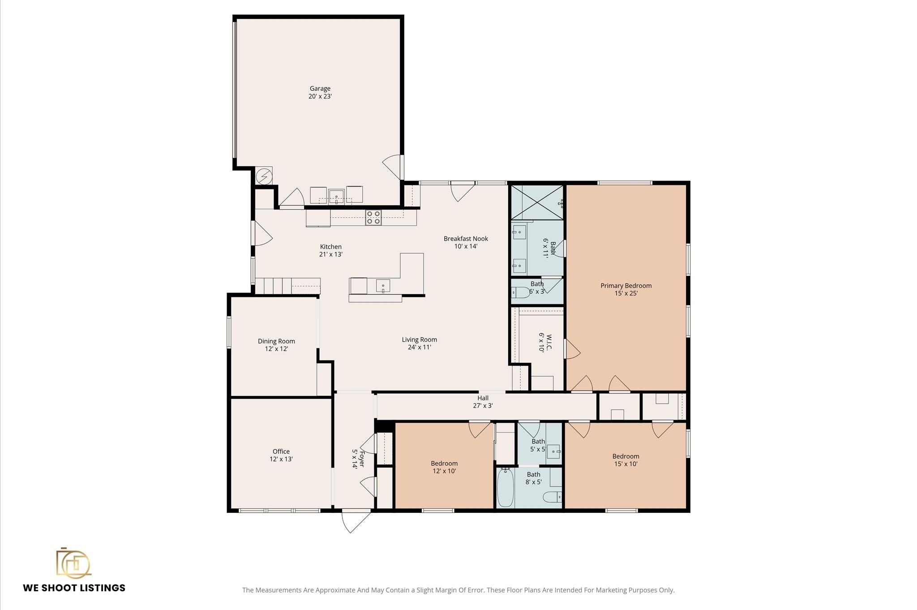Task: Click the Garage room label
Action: click(x=320, y=89)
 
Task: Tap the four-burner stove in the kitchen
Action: click(x=373, y=218)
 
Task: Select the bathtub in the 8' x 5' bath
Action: click(x=505, y=487)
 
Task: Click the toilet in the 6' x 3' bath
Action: click(x=519, y=292)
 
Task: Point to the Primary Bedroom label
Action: click(x=626, y=286)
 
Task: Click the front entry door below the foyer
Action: click(x=356, y=520)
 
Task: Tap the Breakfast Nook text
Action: click(x=466, y=239)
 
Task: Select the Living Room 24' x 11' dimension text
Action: click(x=419, y=347)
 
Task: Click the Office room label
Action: click(x=281, y=451)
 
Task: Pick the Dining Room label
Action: click(x=276, y=341)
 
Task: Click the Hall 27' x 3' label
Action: click(x=483, y=402)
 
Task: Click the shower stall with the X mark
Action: click(x=537, y=202)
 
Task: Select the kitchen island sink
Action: click(x=383, y=286)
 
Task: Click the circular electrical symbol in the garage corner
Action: click(x=264, y=176)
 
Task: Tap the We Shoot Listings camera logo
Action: click(x=73, y=563)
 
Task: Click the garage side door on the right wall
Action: click(x=394, y=167)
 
